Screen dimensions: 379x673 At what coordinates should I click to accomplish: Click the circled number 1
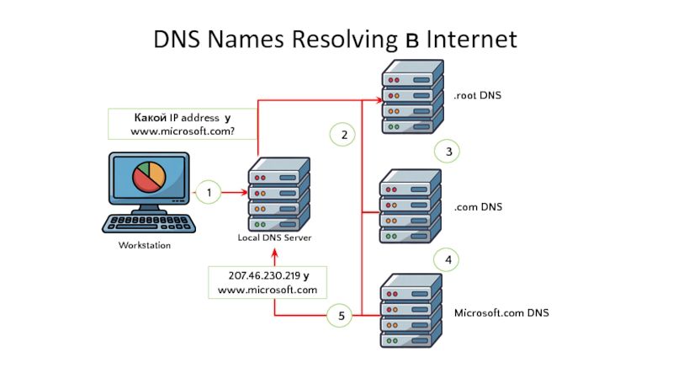tap(208, 193)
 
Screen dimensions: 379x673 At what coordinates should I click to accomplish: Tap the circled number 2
tap(342, 134)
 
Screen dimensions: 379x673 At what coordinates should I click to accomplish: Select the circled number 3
tap(448, 152)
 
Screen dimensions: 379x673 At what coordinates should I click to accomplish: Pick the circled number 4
tap(448, 260)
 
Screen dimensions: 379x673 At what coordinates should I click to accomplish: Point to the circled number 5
tap(342, 317)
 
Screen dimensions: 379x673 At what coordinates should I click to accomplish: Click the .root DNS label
tap(477, 96)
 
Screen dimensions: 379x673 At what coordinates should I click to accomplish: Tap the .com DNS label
tap(478, 206)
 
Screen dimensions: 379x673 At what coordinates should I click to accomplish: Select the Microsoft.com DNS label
tap(501, 313)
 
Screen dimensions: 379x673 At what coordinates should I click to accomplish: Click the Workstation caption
tap(144, 246)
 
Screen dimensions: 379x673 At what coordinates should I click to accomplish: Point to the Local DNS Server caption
tap(274, 238)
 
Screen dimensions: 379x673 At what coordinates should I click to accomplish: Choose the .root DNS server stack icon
tap(411, 96)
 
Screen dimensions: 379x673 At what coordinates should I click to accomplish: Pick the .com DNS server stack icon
tap(410, 206)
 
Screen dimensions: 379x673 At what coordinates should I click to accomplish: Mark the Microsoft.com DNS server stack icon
tap(411, 312)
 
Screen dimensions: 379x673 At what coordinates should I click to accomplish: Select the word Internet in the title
tap(470, 39)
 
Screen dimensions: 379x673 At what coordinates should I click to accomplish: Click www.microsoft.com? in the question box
tap(182, 132)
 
